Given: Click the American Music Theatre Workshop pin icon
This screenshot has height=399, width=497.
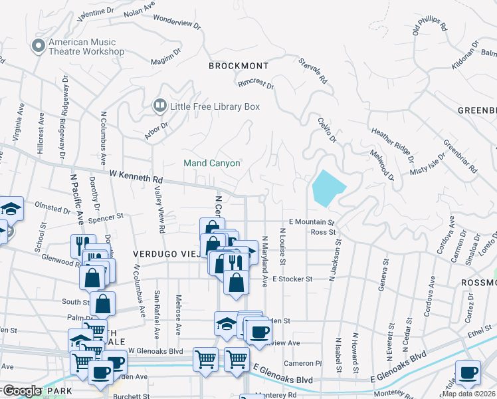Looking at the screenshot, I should click(38, 45).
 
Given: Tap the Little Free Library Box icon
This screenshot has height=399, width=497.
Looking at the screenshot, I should click(159, 106).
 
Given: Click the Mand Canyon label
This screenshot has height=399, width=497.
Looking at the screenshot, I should click(212, 163).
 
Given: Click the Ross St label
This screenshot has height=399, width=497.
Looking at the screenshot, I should click(323, 232).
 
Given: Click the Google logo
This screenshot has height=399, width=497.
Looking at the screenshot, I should click(21, 391).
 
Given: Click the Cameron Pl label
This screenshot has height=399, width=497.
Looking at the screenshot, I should click(302, 363).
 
